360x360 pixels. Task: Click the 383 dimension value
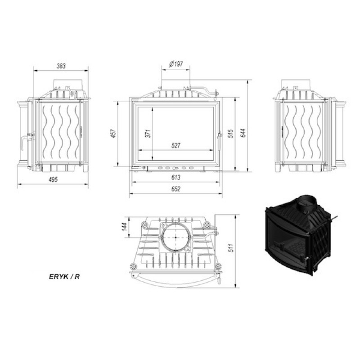(x=61, y=66)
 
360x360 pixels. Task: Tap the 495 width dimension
(x=53, y=180)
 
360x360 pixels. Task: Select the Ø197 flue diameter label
(x=176, y=64)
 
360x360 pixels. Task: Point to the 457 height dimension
(x=113, y=133)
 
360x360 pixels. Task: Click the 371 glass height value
(x=148, y=133)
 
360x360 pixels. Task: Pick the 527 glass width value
(x=176, y=145)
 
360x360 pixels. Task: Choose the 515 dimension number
(x=231, y=133)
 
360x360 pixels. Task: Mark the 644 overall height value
(x=243, y=133)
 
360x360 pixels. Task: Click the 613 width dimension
(x=176, y=177)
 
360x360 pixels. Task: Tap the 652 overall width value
(x=176, y=189)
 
